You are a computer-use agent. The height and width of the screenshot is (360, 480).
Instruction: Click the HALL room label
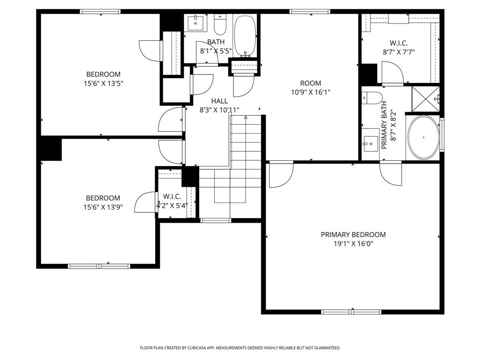(x=219, y=101)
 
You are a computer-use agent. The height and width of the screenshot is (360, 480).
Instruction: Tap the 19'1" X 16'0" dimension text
(x=353, y=244)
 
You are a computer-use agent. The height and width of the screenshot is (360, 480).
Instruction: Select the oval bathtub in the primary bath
(x=423, y=137)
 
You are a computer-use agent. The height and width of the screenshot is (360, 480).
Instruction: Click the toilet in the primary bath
(x=373, y=98)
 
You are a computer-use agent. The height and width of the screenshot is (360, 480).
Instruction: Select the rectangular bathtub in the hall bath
(x=245, y=36)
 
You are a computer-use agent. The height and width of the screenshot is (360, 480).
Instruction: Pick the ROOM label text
(x=311, y=83)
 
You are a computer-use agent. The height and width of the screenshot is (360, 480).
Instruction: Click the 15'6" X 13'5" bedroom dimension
(x=103, y=83)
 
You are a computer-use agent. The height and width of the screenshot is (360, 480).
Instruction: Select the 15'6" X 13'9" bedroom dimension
(x=103, y=207)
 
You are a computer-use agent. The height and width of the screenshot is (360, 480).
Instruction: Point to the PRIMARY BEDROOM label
(x=353, y=234)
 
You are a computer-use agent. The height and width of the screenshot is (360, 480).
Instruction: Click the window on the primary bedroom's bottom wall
(x=351, y=311)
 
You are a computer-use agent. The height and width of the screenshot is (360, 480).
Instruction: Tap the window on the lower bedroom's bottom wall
(x=99, y=266)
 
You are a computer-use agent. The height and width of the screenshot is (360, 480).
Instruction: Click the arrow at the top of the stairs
(x=245, y=117)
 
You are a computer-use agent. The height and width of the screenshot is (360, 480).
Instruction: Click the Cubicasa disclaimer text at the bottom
(x=240, y=348)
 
